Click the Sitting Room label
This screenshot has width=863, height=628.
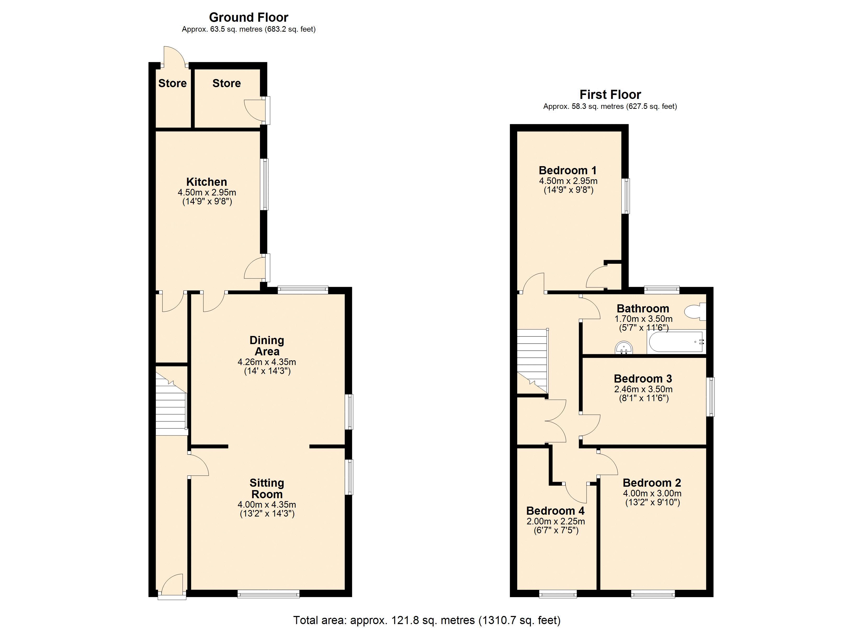(266, 488)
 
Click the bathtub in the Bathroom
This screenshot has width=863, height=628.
(676, 342)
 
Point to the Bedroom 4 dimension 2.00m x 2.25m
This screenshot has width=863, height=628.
(555, 521)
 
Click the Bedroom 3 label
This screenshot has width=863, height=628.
(643, 379)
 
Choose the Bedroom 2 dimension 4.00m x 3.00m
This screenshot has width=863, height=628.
(652, 493)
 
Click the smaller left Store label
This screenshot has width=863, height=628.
(172, 83)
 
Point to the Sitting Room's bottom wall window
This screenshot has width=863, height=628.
(268, 593)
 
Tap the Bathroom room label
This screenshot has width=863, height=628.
(643, 309)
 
